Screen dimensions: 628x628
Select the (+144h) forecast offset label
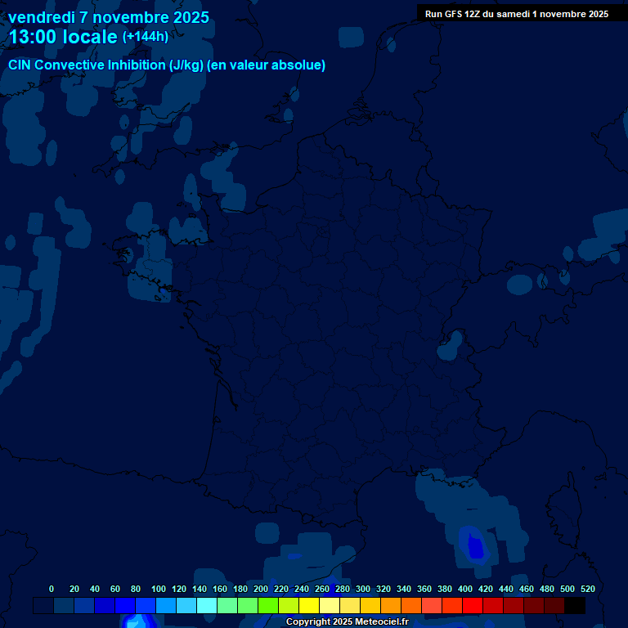[145, 37]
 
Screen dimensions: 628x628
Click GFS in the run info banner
[454, 14]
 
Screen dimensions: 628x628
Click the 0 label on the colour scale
[52, 589]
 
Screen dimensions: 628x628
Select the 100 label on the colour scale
[159, 589]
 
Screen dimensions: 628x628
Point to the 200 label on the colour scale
[261, 589]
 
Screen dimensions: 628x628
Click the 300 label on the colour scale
[363, 589]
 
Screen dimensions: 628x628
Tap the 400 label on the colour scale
[465, 589]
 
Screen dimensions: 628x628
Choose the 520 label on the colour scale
[587, 589]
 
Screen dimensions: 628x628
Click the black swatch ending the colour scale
[575, 605]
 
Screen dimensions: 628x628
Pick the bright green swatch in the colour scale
[267, 605]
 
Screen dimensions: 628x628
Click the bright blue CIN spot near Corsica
[475, 546]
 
